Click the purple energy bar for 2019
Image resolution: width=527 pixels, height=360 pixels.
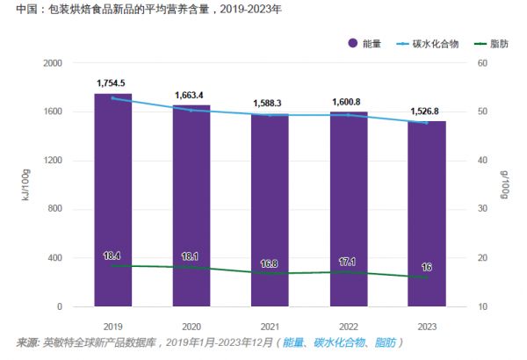(113, 202)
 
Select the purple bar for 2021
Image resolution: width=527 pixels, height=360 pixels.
(270, 211)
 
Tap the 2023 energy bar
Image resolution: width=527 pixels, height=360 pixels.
(427, 215)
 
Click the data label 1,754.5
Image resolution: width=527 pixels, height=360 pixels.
(113, 83)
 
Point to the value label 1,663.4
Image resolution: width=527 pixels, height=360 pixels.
(191, 95)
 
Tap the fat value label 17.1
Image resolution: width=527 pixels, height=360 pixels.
(349, 262)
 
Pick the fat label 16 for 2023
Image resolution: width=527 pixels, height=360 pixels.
(427, 267)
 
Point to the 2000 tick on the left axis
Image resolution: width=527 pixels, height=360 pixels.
(50, 63)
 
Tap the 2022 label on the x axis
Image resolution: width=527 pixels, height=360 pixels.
(349, 325)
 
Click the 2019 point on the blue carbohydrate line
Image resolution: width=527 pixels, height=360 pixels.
(113, 98)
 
